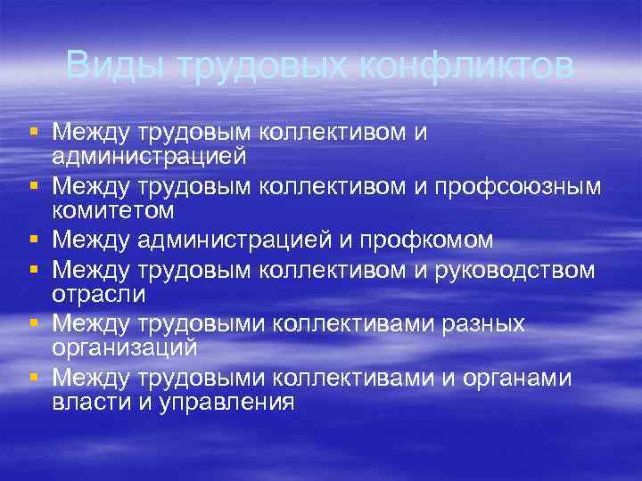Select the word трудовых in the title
pos(265,67)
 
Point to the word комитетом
pos(112,210)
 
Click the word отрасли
pos(98,292)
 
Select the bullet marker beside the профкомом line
pos(33,240)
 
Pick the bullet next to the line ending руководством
pos(33,270)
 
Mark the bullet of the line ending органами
pos(33,379)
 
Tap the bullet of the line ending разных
pos(33,324)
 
